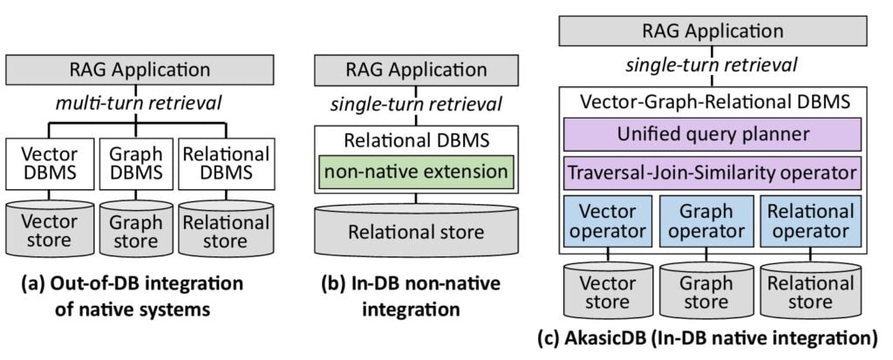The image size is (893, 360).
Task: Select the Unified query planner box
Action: click(713, 134)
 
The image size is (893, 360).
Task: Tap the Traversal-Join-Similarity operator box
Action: click(713, 172)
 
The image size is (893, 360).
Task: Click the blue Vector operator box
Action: click(607, 221)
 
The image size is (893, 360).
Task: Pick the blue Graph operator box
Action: click(706, 221)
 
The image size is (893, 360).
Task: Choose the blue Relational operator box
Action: click(811, 221)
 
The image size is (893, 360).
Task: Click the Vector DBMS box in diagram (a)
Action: click(50, 164)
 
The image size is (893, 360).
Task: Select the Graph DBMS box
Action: click(135, 164)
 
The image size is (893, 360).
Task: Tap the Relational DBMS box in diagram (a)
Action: click(226, 164)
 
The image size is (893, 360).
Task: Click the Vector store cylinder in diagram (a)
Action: click(50, 228)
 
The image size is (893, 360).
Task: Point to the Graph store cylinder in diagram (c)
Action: click(706, 290)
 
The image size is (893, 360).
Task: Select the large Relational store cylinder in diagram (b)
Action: click(416, 230)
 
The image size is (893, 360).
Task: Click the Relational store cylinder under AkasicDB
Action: click(811, 290)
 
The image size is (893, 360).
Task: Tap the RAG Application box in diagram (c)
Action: click(713, 31)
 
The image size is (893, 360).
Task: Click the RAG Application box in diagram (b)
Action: click(416, 70)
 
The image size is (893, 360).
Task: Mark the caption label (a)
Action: click(33, 283)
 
